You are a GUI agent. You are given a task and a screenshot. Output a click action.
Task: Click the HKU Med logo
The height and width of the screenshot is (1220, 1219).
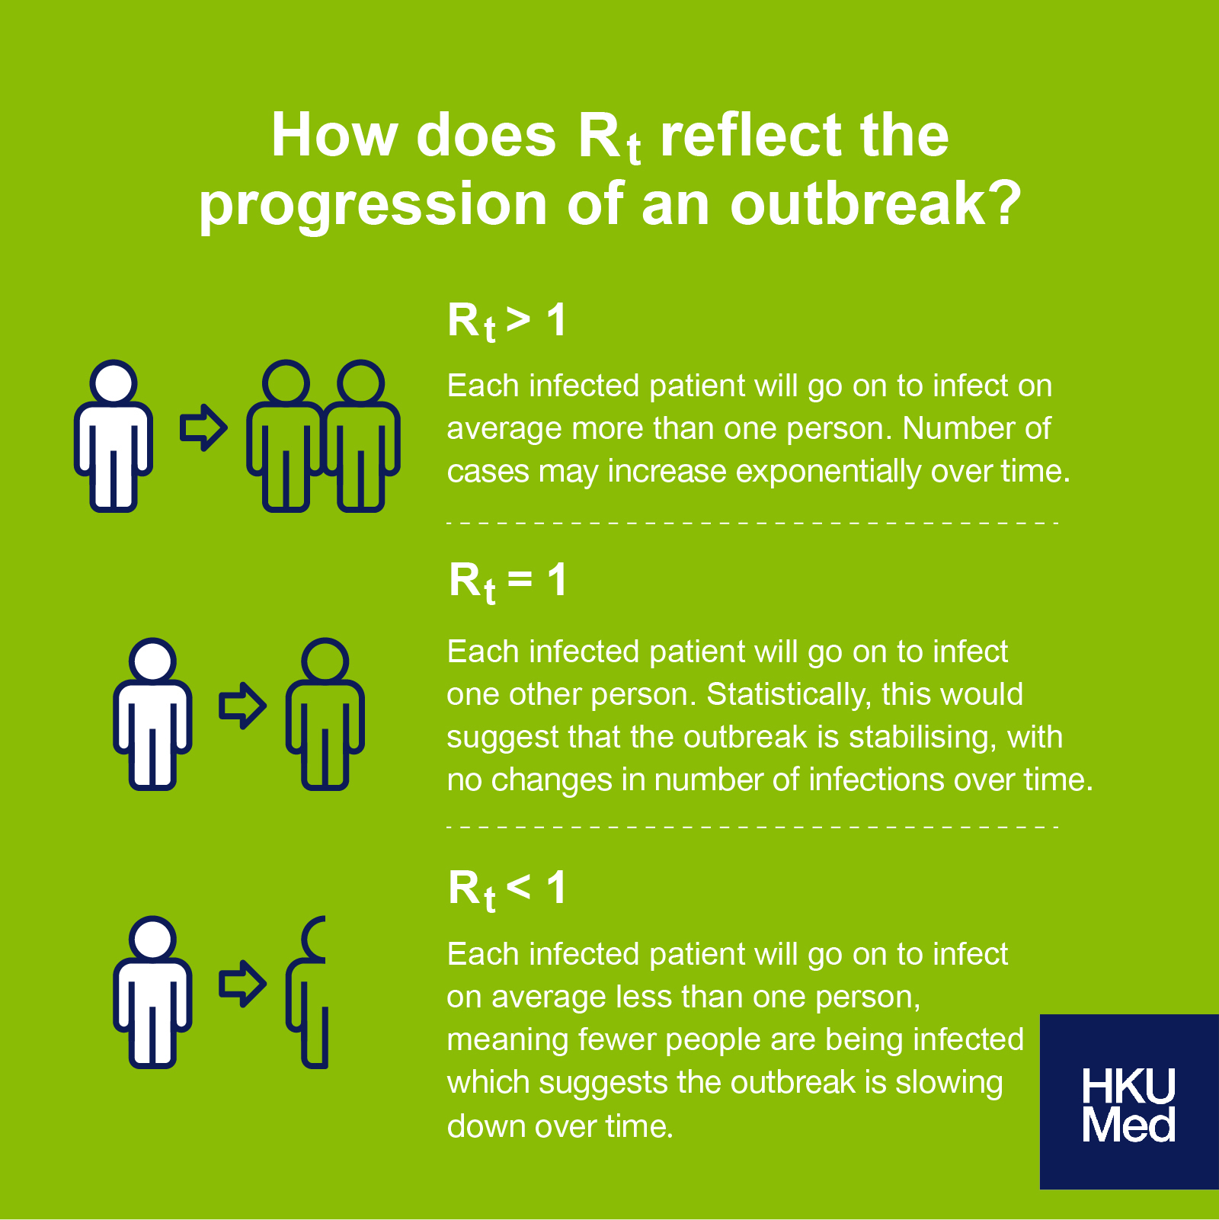point(1129,1102)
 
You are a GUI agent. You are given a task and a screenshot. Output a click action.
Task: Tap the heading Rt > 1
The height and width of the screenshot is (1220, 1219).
point(507,321)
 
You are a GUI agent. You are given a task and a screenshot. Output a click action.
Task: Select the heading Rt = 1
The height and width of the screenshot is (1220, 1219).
point(507,581)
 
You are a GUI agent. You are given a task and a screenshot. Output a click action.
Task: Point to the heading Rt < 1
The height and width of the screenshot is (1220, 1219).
point(507,889)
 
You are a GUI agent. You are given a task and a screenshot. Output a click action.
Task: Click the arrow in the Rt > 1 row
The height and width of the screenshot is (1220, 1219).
point(203,428)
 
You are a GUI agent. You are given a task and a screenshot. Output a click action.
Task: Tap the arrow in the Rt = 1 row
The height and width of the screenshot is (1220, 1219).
point(243,706)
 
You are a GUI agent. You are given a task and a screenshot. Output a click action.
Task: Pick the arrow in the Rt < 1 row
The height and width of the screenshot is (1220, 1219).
point(243,985)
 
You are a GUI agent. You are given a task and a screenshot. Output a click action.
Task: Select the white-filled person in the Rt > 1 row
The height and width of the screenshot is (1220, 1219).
point(114,435)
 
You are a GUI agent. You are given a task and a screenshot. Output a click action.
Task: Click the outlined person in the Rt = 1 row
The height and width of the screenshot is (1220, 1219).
point(325,714)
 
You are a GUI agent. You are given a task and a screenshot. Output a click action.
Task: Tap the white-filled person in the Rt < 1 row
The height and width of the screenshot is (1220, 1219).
point(152,991)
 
